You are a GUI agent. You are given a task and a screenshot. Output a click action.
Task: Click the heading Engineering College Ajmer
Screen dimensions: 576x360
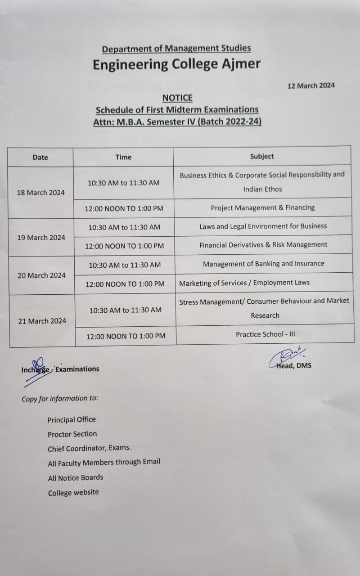pyautogui.click(x=176, y=64)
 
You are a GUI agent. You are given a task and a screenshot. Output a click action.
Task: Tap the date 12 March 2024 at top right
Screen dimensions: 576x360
pyautogui.click(x=311, y=85)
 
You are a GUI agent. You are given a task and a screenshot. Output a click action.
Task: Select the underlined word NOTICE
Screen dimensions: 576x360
pyautogui.click(x=177, y=98)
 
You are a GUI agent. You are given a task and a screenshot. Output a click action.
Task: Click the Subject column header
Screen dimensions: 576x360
pyautogui.click(x=262, y=156)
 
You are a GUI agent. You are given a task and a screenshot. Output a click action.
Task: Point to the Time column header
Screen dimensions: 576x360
pyautogui.click(x=123, y=157)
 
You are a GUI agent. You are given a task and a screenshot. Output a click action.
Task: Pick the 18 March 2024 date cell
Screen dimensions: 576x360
pyautogui.click(x=40, y=193)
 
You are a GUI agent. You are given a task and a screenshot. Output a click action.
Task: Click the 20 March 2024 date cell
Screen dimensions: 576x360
pyautogui.click(x=41, y=275)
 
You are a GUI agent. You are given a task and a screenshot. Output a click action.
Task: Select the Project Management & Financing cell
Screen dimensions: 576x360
pyautogui.click(x=263, y=207)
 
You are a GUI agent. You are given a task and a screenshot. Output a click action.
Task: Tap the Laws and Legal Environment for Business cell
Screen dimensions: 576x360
pyautogui.click(x=263, y=226)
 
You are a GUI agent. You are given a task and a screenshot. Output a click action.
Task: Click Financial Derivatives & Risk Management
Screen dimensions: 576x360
pyautogui.click(x=263, y=245)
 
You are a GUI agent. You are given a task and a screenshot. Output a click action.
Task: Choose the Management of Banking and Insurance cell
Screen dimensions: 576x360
pyautogui.click(x=264, y=264)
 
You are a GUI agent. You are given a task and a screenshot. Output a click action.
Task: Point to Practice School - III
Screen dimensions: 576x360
pyautogui.click(x=265, y=334)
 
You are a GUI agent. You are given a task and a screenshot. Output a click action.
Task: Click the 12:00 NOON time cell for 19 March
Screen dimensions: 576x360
pyautogui.click(x=125, y=246)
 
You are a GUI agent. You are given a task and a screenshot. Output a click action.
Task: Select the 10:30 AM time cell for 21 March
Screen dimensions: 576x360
pyautogui.click(x=126, y=310)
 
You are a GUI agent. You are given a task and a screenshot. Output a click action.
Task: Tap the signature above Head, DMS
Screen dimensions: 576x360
pyautogui.click(x=288, y=355)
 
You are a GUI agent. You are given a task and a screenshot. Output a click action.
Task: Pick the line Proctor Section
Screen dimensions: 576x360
pyautogui.click(x=72, y=434)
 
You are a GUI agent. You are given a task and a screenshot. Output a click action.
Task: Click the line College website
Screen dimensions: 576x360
pyautogui.click(x=73, y=492)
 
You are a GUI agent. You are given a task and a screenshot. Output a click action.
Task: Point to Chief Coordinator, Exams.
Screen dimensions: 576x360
pyautogui.click(x=90, y=449)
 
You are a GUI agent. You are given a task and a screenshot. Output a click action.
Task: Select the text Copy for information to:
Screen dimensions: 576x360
pyautogui.click(x=60, y=398)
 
